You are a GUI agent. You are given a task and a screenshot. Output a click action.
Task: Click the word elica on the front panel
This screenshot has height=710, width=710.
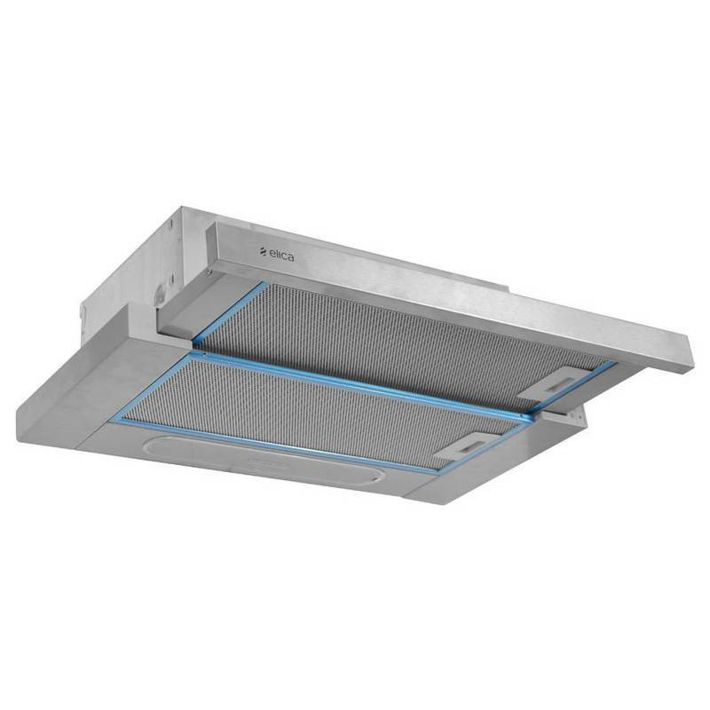click(281, 255)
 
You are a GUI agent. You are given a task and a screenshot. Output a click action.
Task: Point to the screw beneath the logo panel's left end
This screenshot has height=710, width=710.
click(209, 272)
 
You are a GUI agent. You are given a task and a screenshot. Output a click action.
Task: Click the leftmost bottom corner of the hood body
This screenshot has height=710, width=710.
click(17, 440)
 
